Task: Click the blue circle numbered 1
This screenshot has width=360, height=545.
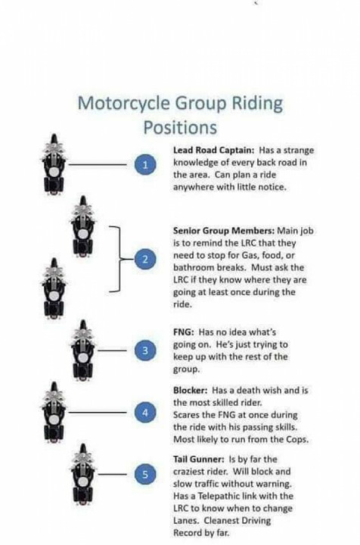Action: [x=146, y=164]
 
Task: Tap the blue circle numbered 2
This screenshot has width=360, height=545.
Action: [x=146, y=259]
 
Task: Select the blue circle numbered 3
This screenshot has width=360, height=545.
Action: [x=146, y=350]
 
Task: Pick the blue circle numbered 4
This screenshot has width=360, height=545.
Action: [x=146, y=413]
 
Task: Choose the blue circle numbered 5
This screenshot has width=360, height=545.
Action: [x=146, y=474]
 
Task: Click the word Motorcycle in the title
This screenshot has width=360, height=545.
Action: [x=124, y=104]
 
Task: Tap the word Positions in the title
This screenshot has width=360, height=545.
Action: [x=180, y=128]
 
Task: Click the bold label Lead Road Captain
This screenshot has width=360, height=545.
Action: [x=214, y=150]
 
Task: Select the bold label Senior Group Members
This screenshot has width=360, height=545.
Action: [x=224, y=230]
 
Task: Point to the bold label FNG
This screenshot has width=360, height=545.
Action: [x=183, y=332]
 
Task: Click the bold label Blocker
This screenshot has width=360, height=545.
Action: [x=191, y=391]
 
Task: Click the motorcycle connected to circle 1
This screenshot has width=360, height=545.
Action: [x=54, y=164]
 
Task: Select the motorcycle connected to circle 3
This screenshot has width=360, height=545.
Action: [x=82, y=350]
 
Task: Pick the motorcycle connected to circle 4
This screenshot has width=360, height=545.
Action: [x=54, y=413]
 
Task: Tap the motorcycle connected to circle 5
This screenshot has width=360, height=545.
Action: [x=82, y=474]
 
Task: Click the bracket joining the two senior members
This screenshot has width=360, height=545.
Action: [x=119, y=259]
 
